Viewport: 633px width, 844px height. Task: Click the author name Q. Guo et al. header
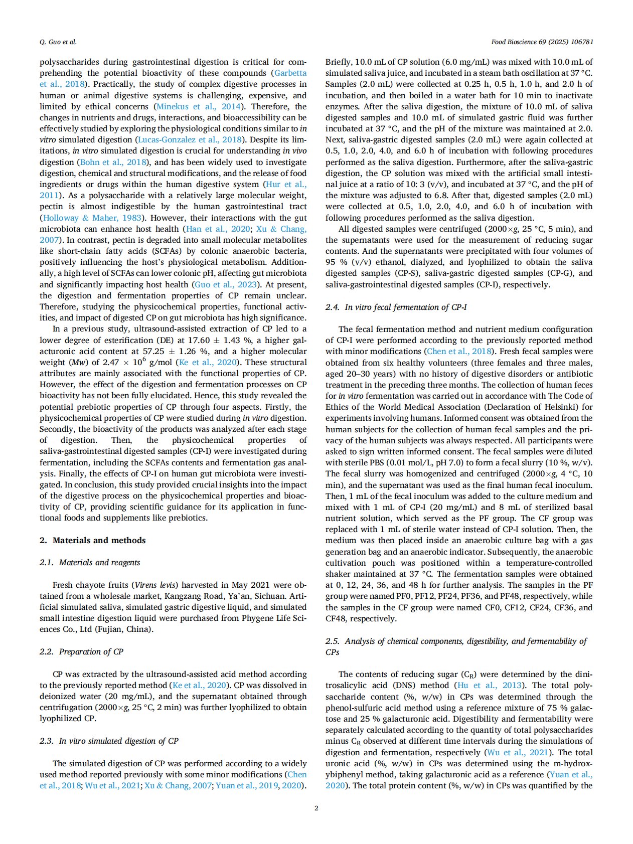pos(58,42)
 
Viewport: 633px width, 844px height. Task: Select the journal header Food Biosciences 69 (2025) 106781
pos(542,42)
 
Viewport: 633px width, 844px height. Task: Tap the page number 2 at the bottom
pos(316,808)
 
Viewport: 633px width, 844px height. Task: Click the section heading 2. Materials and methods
pos(93,540)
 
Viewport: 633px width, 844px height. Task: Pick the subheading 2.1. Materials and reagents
pos(90,563)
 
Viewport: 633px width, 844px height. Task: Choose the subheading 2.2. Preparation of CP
pos(81,651)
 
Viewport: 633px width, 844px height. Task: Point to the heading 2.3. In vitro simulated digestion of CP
pos(109,741)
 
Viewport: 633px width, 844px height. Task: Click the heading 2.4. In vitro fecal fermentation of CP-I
pos(396,307)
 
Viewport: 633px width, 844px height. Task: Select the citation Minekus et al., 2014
pos(199,106)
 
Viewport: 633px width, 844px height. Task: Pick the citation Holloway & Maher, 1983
pos(92,218)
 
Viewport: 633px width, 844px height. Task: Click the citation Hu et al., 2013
pos(490,685)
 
